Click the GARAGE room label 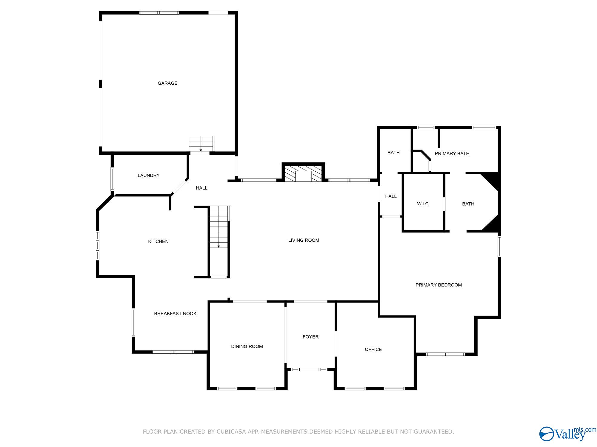pyautogui.click(x=167, y=83)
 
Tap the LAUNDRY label pyautogui.click(x=148, y=175)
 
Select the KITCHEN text pyautogui.click(x=158, y=241)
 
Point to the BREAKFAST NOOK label pyautogui.click(x=175, y=313)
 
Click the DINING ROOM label pyautogui.click(x=247, y=346)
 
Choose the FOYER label pyautogui.click(x=310, y=337)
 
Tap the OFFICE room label pyautogui.click(x=373, y=349)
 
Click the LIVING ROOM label pyautogui.click(x=304, y=240)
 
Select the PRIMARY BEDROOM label pyautogui.click(x=438, y=285)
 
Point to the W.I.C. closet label pyautogui.click(x=423, y=204)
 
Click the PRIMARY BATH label pyautogui.click(x=452, y=153)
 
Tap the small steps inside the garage pyautogui.click(x=201, y=144)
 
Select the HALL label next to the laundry pyautogui.click(x=201, y=188)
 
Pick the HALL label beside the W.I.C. pyautogui.click(x=391, y=196)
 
